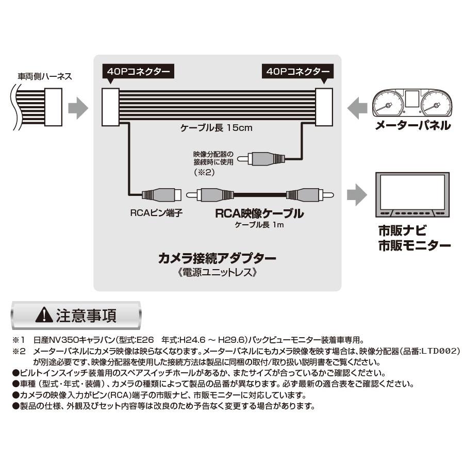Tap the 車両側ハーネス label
(x=45, y=76)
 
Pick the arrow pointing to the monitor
(x=357, y=195)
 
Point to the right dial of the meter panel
(x=436, y=105)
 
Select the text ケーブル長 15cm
(x=216, y=128)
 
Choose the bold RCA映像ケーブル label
(x=259, y=212)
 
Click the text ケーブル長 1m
(x=259, y=225)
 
